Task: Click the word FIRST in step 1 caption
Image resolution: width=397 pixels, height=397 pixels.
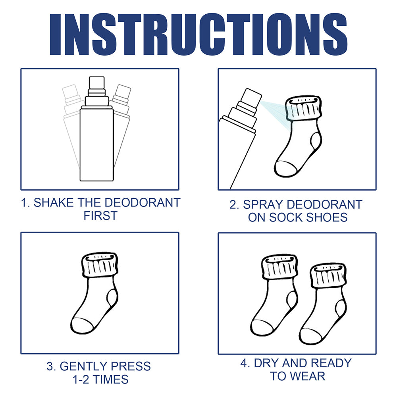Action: tap(100, 216)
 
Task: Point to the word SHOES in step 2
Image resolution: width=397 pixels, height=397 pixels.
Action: tap(328, 218)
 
